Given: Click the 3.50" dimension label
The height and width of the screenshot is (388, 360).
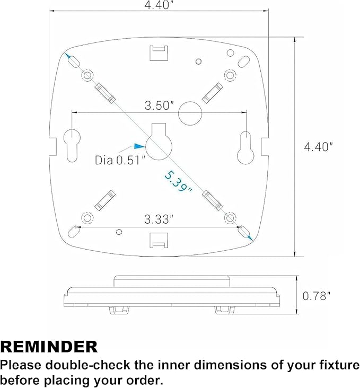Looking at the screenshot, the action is click(x=160, y=105).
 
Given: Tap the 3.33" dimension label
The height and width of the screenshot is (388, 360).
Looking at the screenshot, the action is click(x=159, y=219).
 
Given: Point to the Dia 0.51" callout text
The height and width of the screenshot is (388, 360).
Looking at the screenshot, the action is click(x=120, y=160).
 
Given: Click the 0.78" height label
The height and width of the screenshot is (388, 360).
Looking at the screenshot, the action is click(x=317, y=296).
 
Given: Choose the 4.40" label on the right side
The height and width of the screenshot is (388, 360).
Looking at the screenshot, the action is click(x=319, y=146).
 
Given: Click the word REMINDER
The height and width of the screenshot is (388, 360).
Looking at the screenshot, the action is click(x=49, y=347).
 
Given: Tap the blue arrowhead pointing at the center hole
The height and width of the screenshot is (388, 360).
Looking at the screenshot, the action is click(x=139, y=146).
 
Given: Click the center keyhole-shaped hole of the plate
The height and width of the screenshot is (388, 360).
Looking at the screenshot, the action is click(x=159, y=144).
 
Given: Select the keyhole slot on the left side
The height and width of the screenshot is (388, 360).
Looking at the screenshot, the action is click(x=72, y=146).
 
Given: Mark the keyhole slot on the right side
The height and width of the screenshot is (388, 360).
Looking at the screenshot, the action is click(x=245, y=148).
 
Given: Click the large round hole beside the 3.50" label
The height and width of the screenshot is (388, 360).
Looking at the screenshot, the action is click(x=190, y=113).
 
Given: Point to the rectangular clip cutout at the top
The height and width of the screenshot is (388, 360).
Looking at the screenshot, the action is click(x=159, y=52).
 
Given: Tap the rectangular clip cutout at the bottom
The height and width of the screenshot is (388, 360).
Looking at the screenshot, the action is click(x=159, y=240).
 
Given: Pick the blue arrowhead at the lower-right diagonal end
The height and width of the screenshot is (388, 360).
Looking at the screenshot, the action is click(x=250, y=238).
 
